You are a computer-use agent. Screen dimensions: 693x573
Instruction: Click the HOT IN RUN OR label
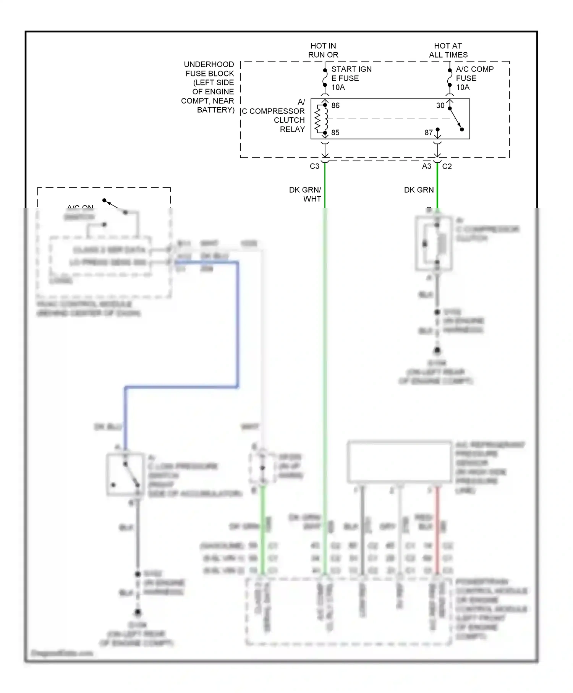coord(323,50)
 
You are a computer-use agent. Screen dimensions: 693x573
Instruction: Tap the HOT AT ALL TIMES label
coord(448,50)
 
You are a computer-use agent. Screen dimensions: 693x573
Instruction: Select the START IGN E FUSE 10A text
coord(351,78)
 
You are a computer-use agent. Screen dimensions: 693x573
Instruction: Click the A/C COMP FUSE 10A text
coord(474,78)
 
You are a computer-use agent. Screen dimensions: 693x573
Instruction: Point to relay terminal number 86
coord(335,105)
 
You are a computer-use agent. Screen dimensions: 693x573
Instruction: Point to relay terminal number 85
coord(335,133)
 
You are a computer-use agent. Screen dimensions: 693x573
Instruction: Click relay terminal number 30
coord(440,105)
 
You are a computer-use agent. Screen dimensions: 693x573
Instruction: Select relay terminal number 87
coord(429,133)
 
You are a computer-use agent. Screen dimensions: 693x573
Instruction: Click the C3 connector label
coord(314,166)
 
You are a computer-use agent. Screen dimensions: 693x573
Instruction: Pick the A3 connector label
coord(427,166)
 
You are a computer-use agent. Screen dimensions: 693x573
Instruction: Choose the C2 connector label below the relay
coord(447,166)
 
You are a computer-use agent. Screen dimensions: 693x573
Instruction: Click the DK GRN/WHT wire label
coord(306,194)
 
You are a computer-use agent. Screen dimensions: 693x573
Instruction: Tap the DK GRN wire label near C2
coord(419,190)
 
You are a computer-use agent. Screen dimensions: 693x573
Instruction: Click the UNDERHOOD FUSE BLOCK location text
coord(208,87)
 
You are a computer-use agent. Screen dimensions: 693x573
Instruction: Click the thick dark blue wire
coord(238,325)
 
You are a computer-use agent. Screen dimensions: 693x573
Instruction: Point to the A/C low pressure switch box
coord(125,475)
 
